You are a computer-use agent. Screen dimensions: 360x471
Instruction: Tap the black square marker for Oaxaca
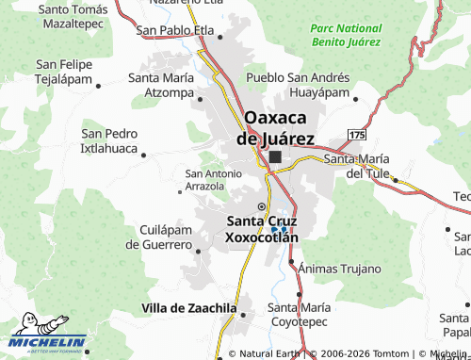(275, 158)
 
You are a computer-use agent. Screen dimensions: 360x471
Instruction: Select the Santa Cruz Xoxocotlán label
(262, 229)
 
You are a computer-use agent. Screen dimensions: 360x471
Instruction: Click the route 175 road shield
(355, 137)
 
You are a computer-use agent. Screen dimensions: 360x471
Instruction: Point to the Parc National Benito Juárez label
(346, 35)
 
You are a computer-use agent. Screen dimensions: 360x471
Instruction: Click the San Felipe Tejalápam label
(64, 72)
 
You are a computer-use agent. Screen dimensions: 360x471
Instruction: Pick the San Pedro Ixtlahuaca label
(110, 141)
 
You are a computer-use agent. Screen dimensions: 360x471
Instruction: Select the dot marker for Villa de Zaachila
(243, 315)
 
